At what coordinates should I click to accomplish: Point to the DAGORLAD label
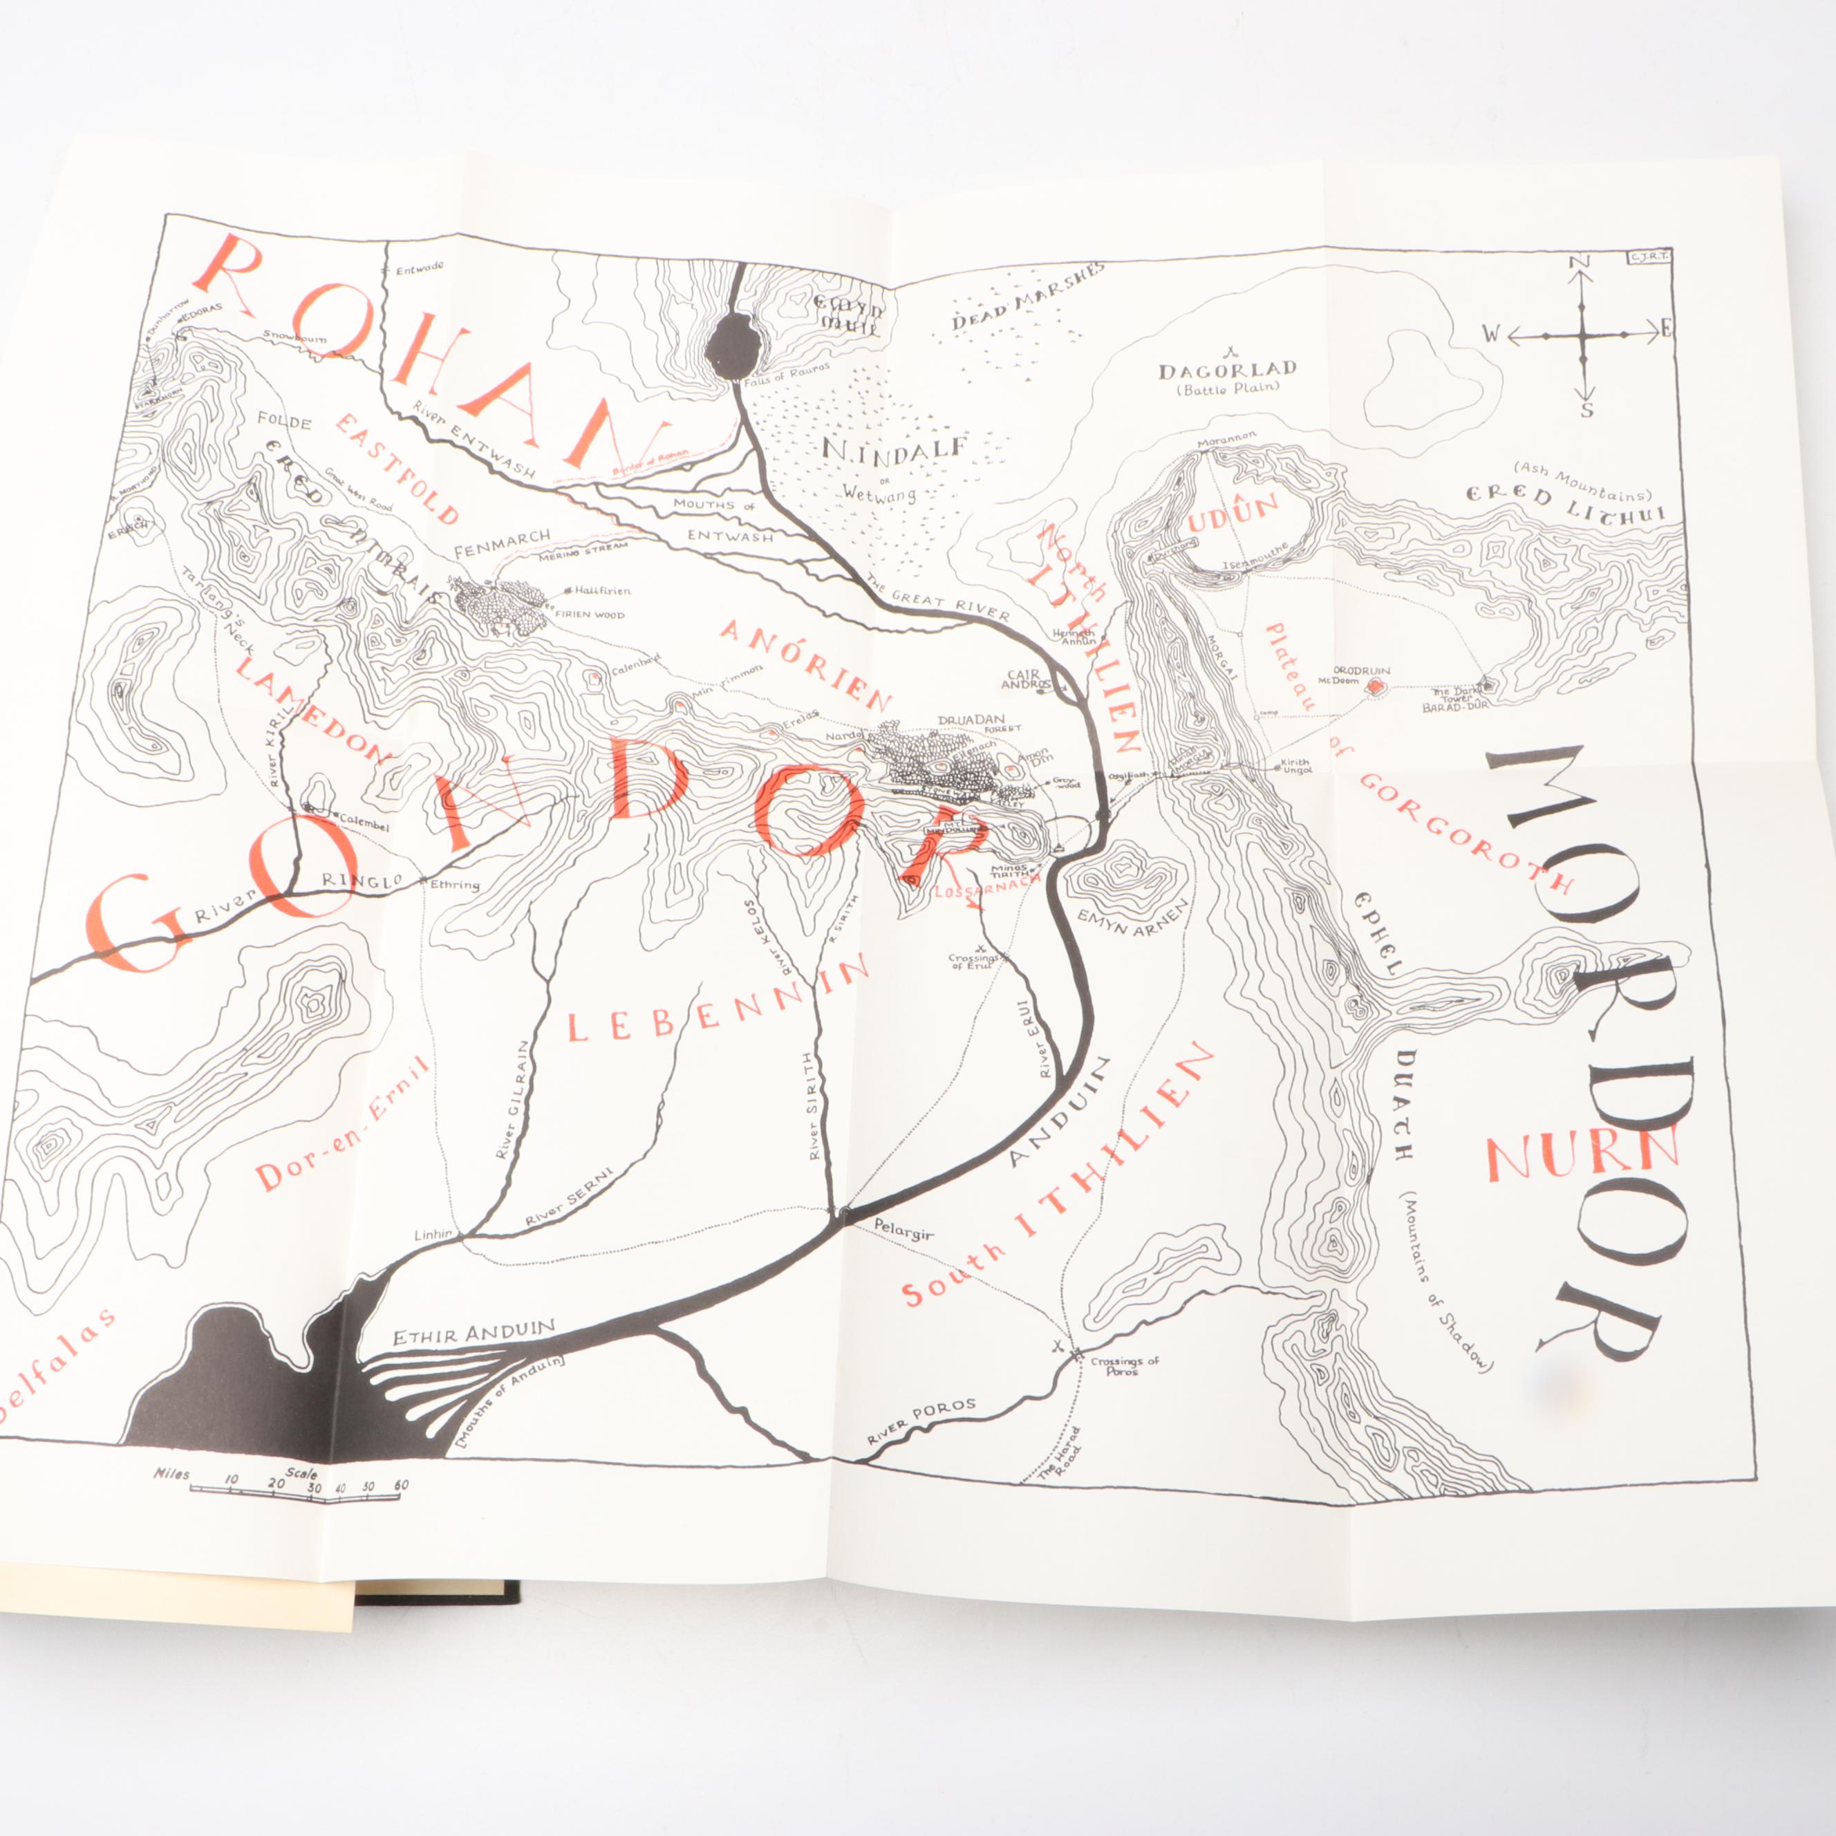tap(1227, 371)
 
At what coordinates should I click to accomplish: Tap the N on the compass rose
tap(1580, 263)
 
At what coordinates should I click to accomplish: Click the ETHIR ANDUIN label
tap(474, 1332)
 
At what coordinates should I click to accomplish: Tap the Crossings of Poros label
tap(1125, 1367)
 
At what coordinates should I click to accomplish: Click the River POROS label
tap(921, 1421)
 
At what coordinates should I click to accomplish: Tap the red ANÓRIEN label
tap(806, 664)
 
